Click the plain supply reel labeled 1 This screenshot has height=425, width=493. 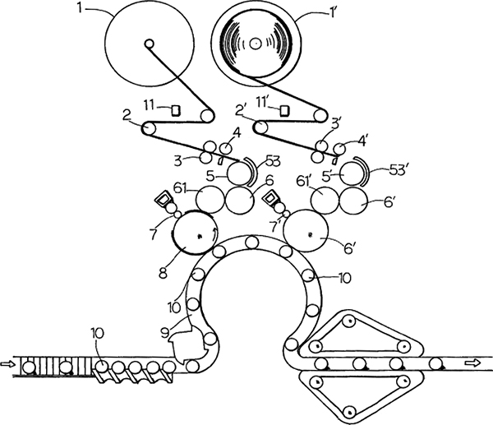pos(149,45)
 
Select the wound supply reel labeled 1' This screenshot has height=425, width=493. pos(256,42)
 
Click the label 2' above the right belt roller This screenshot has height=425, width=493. pos(242,109)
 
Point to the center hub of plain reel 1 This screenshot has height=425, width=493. pos(148,44)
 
